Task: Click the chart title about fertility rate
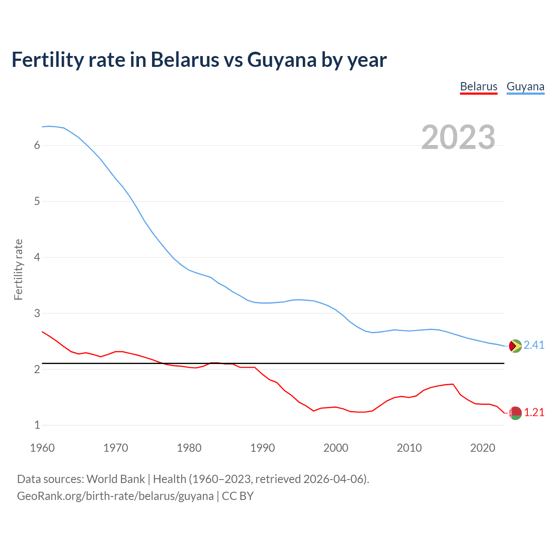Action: (x=199, y=60)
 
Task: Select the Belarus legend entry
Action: (x=479, y=86)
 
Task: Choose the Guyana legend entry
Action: (x=525, y=86)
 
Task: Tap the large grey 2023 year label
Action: (x=458, y=137)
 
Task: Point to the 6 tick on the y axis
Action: (x=37, y=146)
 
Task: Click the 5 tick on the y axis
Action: (x=37, y=202)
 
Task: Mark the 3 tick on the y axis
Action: (x=37, y=313)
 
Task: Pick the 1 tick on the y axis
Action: (x=37, y=425)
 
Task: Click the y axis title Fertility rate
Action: (x=18, y=269)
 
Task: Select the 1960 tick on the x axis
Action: (x=42, y=448)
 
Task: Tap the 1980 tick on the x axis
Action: (x=189, y=448)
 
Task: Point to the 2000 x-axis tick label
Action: (x=336, y=448)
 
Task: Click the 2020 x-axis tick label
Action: (x=483, y=448)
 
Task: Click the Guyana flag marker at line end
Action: (x=515, y=346)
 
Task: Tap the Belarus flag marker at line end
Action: (x=515, y=413)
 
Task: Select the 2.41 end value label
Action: (x=534, y=345)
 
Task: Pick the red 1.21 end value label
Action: (x=534, y=413)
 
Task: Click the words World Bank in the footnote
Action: (x=116, y=479)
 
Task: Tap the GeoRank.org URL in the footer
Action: (x=115, y=496)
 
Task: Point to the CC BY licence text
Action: (x=238, y=496)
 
